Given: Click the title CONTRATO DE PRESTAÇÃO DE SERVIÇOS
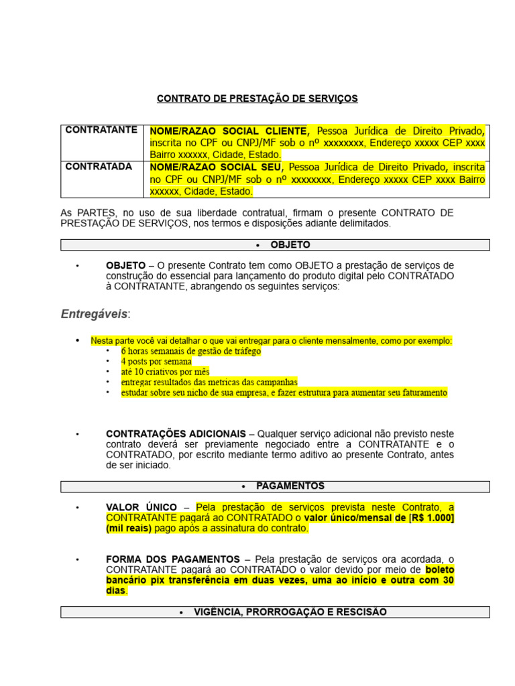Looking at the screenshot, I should tap(257, 98).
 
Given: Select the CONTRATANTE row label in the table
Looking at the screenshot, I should tap(101, 129).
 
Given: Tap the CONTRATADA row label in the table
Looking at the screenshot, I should tap(99, 166).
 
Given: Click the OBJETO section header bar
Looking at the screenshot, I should tap(275, 245).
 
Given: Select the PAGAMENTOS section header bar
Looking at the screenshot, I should tap(275, 486).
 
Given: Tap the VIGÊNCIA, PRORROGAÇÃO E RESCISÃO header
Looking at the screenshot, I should tap(275, 612).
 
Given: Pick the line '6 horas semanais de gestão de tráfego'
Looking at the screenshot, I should tap(191, 351).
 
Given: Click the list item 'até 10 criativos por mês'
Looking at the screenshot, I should tap(166, 372).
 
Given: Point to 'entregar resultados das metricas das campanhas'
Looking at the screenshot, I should tap(209, 383).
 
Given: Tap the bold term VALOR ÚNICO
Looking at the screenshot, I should tap(141, 507).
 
